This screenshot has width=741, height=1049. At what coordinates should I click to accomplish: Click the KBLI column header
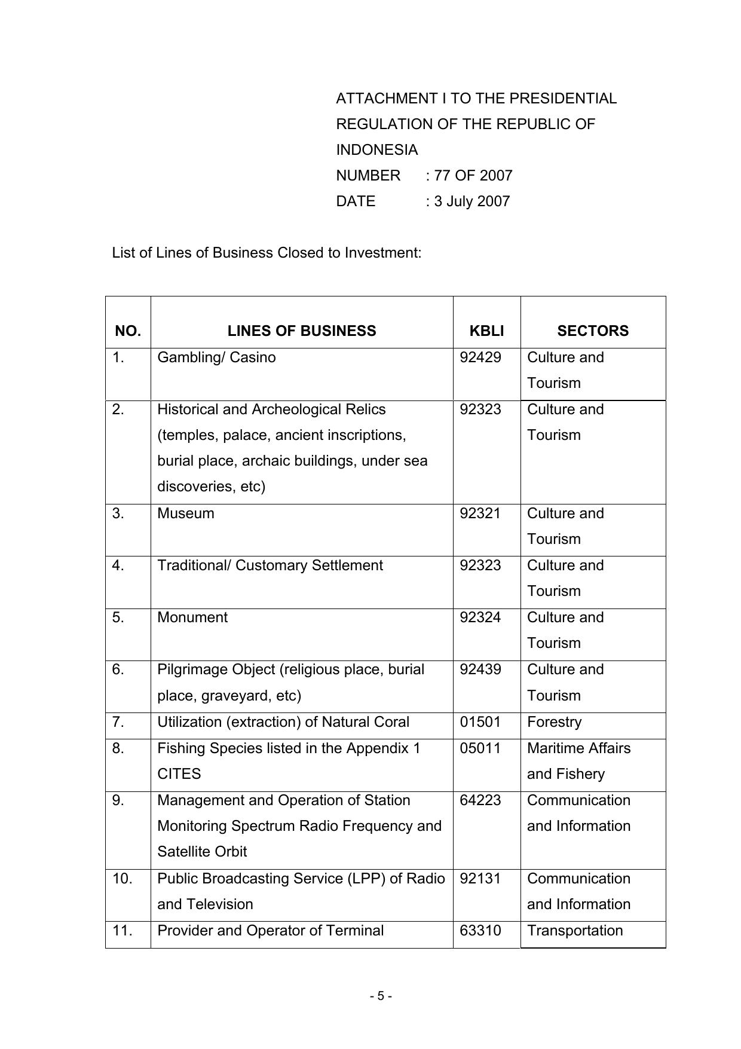(x=486, y=331)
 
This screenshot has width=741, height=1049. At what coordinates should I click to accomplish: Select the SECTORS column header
(x=593, y=331)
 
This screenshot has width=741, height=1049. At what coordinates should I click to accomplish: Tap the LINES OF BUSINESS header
(x=302, y=331)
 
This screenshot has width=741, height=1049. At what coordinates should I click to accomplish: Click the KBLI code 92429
(x=480, y=357)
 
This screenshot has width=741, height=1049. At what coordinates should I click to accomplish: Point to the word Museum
(x=186, y=513)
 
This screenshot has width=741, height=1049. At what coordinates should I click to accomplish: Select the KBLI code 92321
(x=480, y=513)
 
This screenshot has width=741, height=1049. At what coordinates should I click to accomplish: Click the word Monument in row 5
(x=192, y=617)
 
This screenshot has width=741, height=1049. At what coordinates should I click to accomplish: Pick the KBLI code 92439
(x=480, y=669)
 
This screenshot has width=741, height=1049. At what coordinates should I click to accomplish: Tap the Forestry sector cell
(x=554, y=722)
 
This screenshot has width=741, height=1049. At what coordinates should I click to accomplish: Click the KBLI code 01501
(x=480, y=722)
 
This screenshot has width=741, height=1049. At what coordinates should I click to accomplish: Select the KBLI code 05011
(x=480, y=748)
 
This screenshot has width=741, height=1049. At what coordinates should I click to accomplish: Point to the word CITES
(x=179, y=774)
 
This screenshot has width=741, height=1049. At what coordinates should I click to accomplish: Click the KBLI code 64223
(x=480, y=800)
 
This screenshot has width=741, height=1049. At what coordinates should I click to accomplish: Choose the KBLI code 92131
(x=480, y=879)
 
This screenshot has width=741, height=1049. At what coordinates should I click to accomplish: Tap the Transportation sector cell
(x=575, y=931)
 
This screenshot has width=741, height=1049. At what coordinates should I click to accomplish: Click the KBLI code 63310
(x=480, y=931)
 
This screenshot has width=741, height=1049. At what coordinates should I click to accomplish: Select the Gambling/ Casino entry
(x=216, y=357)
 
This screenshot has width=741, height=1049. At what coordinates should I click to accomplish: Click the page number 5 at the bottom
(x=381, y=996)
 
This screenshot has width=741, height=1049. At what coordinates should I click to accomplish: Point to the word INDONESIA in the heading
(x=377, y=150)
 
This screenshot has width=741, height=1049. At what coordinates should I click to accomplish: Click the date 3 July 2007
(x=472, y=201)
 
